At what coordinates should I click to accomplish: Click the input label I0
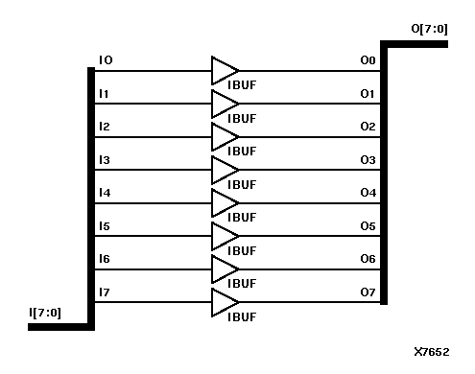coord(106,60)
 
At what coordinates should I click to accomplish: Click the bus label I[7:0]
coord(47,313)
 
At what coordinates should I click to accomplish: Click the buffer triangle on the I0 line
coord(225,70)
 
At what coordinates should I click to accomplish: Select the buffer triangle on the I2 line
coord(225,136)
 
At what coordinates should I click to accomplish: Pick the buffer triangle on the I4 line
coord(225,202)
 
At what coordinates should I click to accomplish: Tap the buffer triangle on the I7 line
coord(225,302)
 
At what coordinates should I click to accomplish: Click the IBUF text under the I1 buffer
coord(242,118)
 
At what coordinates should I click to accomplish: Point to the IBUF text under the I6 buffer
coord(242,284)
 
